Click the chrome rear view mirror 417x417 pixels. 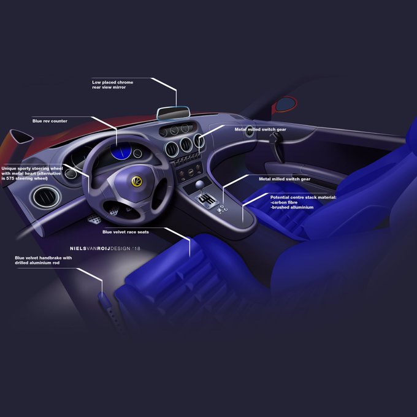(x=173, y=113)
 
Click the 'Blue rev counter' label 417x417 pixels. (x=50, y=121)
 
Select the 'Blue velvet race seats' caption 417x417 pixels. (x=125, y=232)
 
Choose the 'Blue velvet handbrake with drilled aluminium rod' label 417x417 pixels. (x=43, y=261)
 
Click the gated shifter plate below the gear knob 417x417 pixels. (x=207, y=201)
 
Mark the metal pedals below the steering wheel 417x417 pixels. (x=106, y=217)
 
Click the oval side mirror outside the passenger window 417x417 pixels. (x=285, y=105)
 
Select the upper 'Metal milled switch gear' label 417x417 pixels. (x=259, y=129)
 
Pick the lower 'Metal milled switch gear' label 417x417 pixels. (x=284, y=178)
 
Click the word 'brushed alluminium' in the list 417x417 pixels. (x=293, y=207)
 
